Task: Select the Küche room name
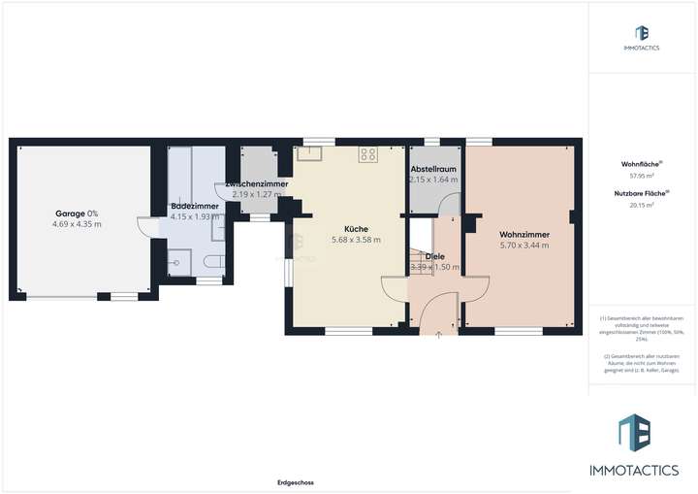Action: click(x=355, y=229)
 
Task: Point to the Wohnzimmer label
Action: click(x=523, y=234)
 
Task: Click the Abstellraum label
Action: click(x=433, y=169)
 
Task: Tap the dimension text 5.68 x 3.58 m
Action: click(x=356, y=240)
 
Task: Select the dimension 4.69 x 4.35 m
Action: click(x=77, y=224)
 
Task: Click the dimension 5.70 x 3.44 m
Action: click(x=523, y=245)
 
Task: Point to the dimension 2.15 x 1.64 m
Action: click(x=433, y=180)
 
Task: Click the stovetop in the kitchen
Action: click(x=368, y=153)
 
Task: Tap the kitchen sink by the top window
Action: click(x=312, y=152)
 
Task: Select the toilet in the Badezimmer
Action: click(x=215, y=259)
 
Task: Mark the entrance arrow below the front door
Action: click(x=439, y=335)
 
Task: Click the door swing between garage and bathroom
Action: click(x=144, y=226)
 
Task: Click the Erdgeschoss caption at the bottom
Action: click(x=294, y=482)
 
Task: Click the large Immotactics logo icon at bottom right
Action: click(x=636, y=431)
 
